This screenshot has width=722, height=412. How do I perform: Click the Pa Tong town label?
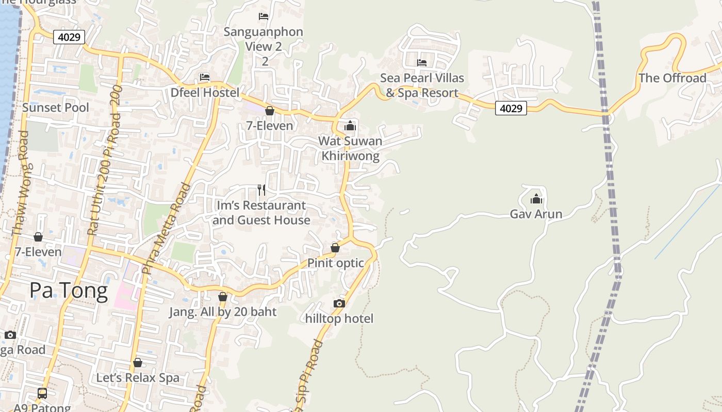click(x=69, y=291)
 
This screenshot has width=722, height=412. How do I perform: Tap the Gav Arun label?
click(x=536, y=214)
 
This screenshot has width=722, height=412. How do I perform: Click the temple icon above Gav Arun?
click(x=536, y=199)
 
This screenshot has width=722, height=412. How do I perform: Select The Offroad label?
click(x=672, y=78)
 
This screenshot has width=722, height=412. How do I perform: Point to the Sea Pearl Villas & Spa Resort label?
click(x=422, y=85)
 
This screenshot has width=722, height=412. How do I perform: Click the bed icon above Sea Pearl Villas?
click(x=422, y=63)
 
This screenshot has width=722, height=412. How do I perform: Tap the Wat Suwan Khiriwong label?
click(x=350, y=148)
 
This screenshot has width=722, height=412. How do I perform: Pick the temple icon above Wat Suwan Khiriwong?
click(x=350, y=126)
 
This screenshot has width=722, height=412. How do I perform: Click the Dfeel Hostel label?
click(x=205, y=93)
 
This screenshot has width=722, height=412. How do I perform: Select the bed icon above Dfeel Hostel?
click(x=205, y=78)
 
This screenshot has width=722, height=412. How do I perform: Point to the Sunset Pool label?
click(x=55, y=108)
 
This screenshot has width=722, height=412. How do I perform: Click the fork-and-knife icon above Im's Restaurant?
click(x=261, y=190)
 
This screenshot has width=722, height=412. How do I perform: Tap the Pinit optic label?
click(x=336, y=263)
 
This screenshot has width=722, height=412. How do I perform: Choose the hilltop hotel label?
click(x=339, y=319)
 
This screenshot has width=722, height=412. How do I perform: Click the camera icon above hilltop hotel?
click(x=339, y=303)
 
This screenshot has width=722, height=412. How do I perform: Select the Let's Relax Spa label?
click(x=138, y=378)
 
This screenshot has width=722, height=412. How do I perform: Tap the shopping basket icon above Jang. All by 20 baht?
click(x=223, y=297)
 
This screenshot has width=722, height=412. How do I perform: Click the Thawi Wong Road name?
click(x=21, y=183)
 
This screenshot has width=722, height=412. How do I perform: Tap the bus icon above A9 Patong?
click(x=42, y=393)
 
